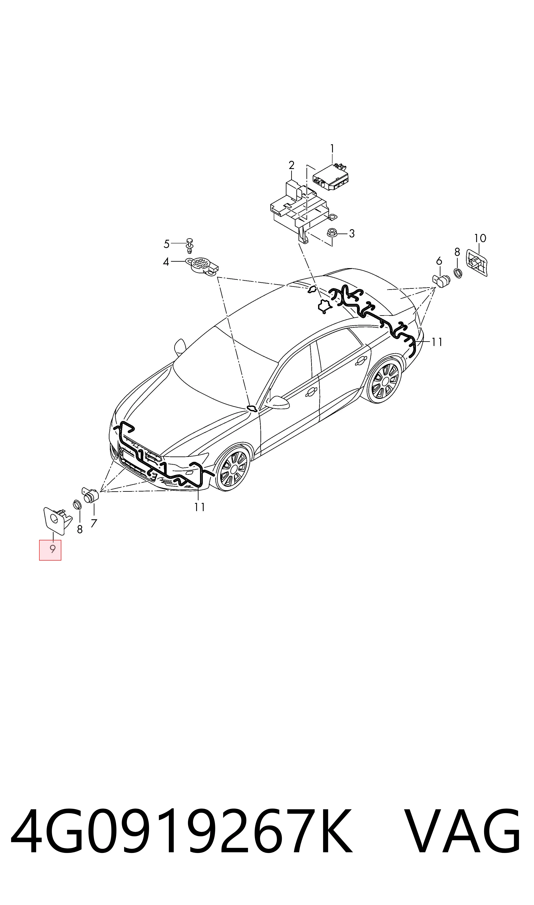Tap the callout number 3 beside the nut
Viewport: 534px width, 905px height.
(x=352, y=234)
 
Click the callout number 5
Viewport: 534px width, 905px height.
(x=166, y=244)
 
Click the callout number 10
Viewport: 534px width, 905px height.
(x=480, y=238)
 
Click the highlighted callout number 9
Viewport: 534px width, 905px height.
(x=52, y=549)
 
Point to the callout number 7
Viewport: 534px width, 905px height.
(x=94, y=523)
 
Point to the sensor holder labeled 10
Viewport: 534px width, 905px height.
(x=477, y=262)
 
